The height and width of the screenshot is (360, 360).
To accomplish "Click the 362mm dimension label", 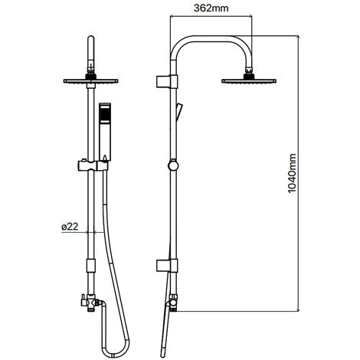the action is [211, 8].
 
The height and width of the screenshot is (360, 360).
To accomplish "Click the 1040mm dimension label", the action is [292, 173].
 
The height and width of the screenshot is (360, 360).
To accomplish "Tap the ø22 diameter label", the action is [70, 227].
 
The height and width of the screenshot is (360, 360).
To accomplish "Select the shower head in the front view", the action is [90, 81].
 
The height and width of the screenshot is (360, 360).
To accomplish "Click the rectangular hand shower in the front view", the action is [105, 132].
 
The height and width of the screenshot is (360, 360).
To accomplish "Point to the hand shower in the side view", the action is [178, 111].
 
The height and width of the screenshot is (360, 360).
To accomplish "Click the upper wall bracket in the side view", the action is [167, 82].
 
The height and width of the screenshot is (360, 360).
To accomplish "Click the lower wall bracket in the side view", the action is [167, 266].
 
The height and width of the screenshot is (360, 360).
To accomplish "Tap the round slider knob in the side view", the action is [173, 165].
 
